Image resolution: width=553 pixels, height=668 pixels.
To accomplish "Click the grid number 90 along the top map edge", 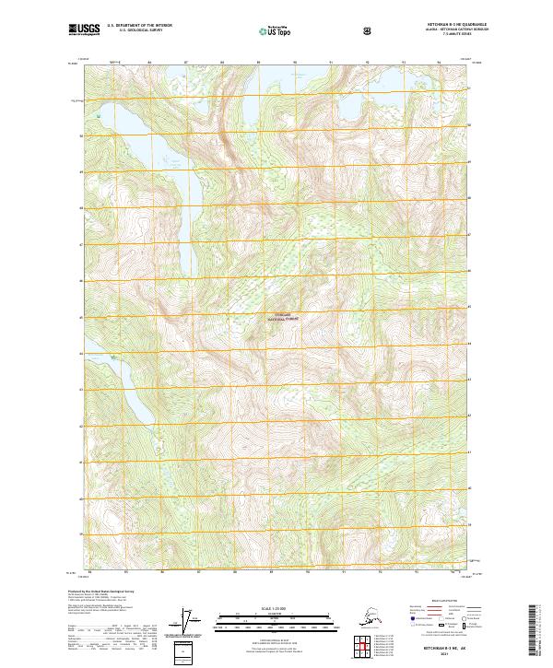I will pyautogui.click(x=295, y=63).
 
